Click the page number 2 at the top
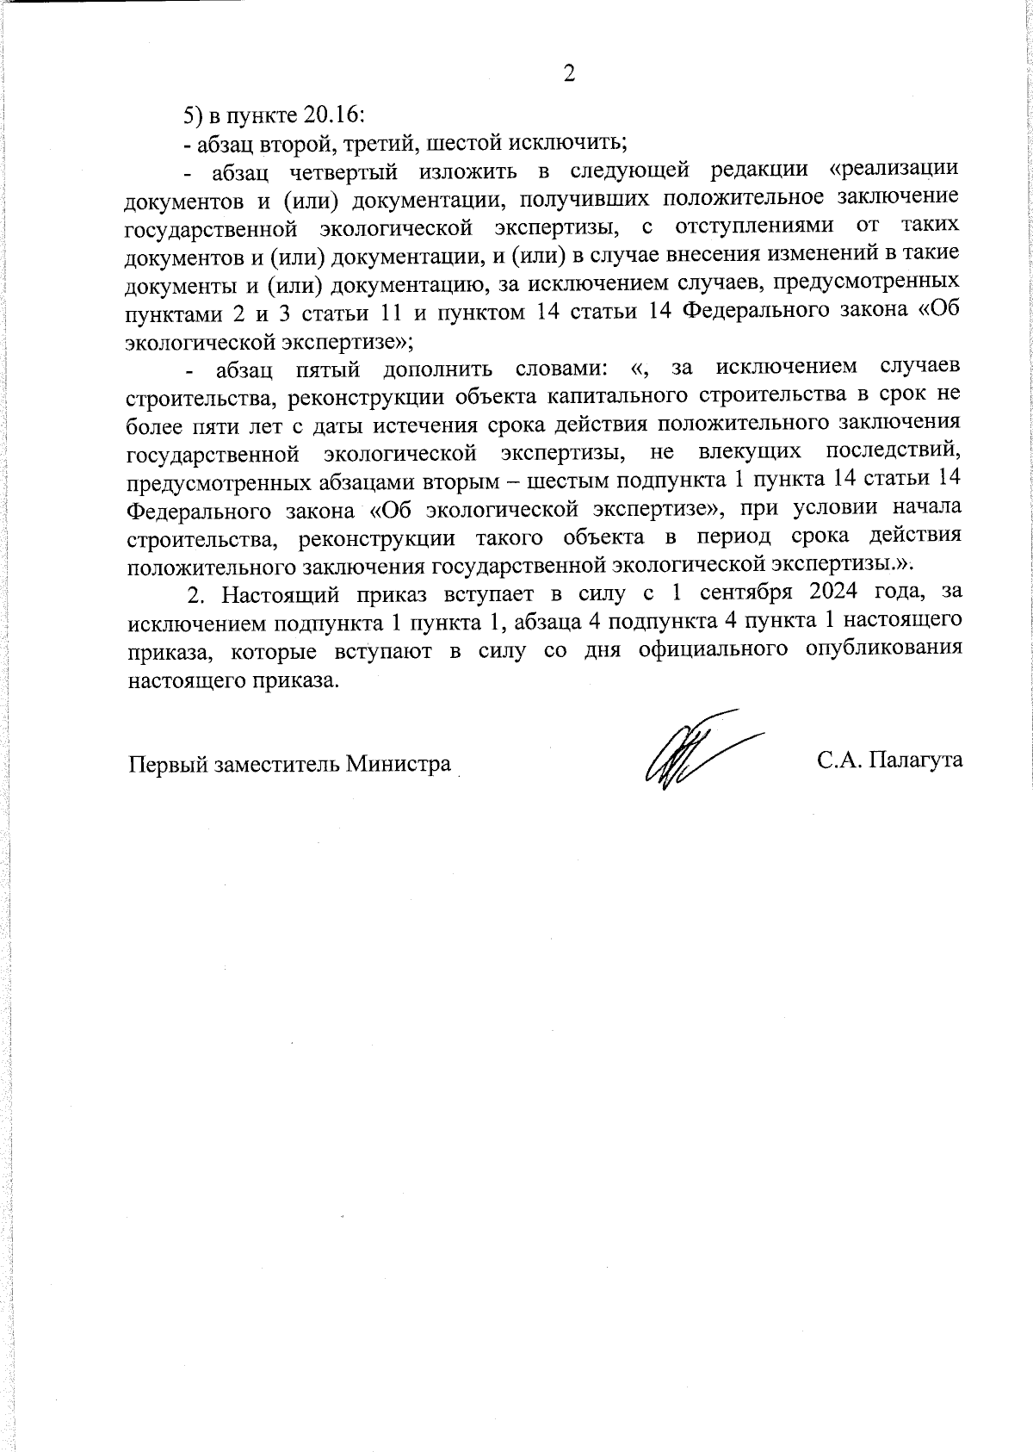pos(568,74)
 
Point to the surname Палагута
pos(916,761)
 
